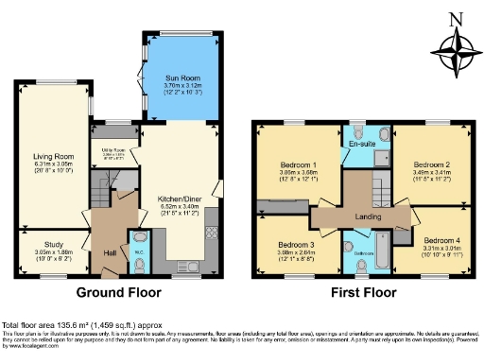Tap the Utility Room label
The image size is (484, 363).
(115, 151)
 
